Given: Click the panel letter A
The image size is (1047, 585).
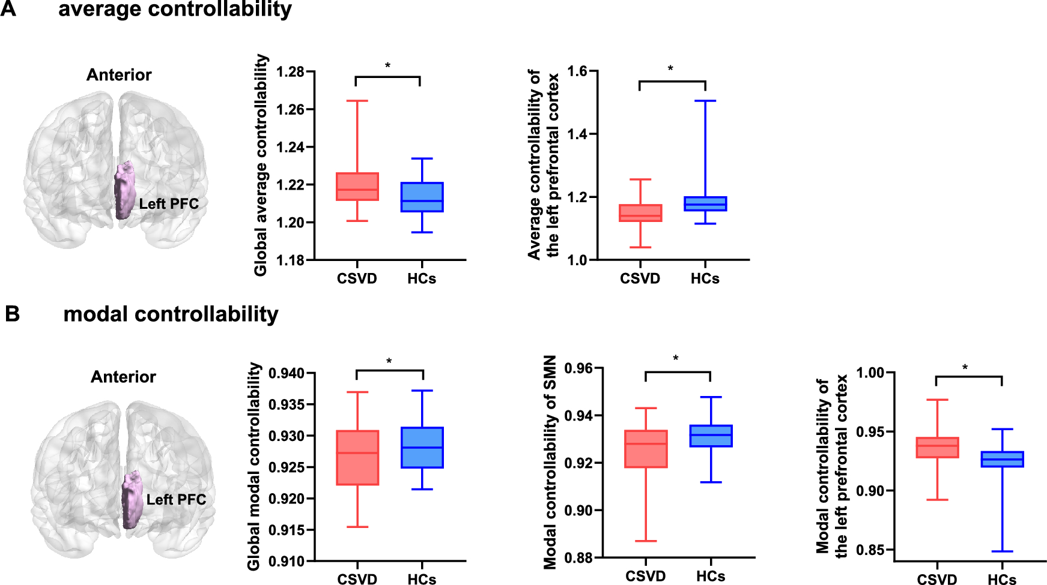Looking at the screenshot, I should [x=8, y=9].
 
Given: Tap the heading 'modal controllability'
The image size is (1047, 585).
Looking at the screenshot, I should [x=171, y=314].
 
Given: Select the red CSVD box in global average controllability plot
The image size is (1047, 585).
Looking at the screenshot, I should [x=357, y=187].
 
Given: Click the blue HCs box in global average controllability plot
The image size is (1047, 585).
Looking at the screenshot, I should [x=422, y=197].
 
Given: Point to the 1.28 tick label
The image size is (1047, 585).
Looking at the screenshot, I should [x=290, y=72].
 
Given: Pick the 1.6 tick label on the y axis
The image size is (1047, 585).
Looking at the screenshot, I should [x=577, y=71].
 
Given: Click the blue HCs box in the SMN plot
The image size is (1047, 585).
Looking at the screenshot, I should [x=711, y=436].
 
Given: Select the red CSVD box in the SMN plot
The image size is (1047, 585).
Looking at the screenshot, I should [x=646, y=449].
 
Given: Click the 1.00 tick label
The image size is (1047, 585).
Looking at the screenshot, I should [x=870, y=373].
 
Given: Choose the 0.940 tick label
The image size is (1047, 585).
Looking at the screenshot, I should [x=286, y=373].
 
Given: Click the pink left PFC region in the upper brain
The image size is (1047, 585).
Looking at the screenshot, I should [x=124, y=190].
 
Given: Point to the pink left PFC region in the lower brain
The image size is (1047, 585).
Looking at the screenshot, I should [x=131, y=499].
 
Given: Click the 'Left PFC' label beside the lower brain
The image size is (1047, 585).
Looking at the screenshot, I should [x=176, y=500].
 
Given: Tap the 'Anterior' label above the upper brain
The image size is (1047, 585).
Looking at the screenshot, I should [x=119, y=75].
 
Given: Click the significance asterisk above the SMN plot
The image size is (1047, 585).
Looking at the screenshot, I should [x=676, y=359].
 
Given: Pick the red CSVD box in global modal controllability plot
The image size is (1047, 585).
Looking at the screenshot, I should [x=357, y=458].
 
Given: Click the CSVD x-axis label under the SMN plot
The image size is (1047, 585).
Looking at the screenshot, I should [x=646, y=577].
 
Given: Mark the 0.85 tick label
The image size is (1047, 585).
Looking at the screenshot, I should [x=870, y=550].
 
